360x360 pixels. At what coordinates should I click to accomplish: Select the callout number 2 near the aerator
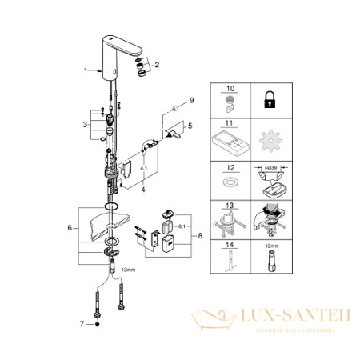coord(157,63)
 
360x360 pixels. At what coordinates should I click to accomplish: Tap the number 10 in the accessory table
coord(232,90)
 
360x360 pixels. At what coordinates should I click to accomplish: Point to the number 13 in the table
coord(232,205)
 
